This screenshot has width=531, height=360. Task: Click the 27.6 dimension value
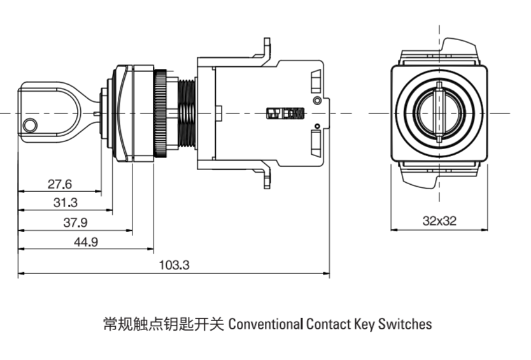[x=60, y=184]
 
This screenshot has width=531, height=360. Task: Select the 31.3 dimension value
[x=65, y=203]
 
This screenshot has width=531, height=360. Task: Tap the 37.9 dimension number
[x=75, y=222]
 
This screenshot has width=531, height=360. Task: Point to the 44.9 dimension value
[x=85, y=241]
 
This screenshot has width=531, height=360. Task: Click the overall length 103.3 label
[x=174, y=265]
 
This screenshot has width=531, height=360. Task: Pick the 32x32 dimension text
[x=439, y=221]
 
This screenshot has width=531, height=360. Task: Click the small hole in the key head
[x=29, y=125]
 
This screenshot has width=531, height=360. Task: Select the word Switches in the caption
[x=405, y=324]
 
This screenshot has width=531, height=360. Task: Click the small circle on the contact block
[x=316, y=101]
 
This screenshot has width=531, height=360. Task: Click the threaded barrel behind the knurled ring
[x=187, y=113]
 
